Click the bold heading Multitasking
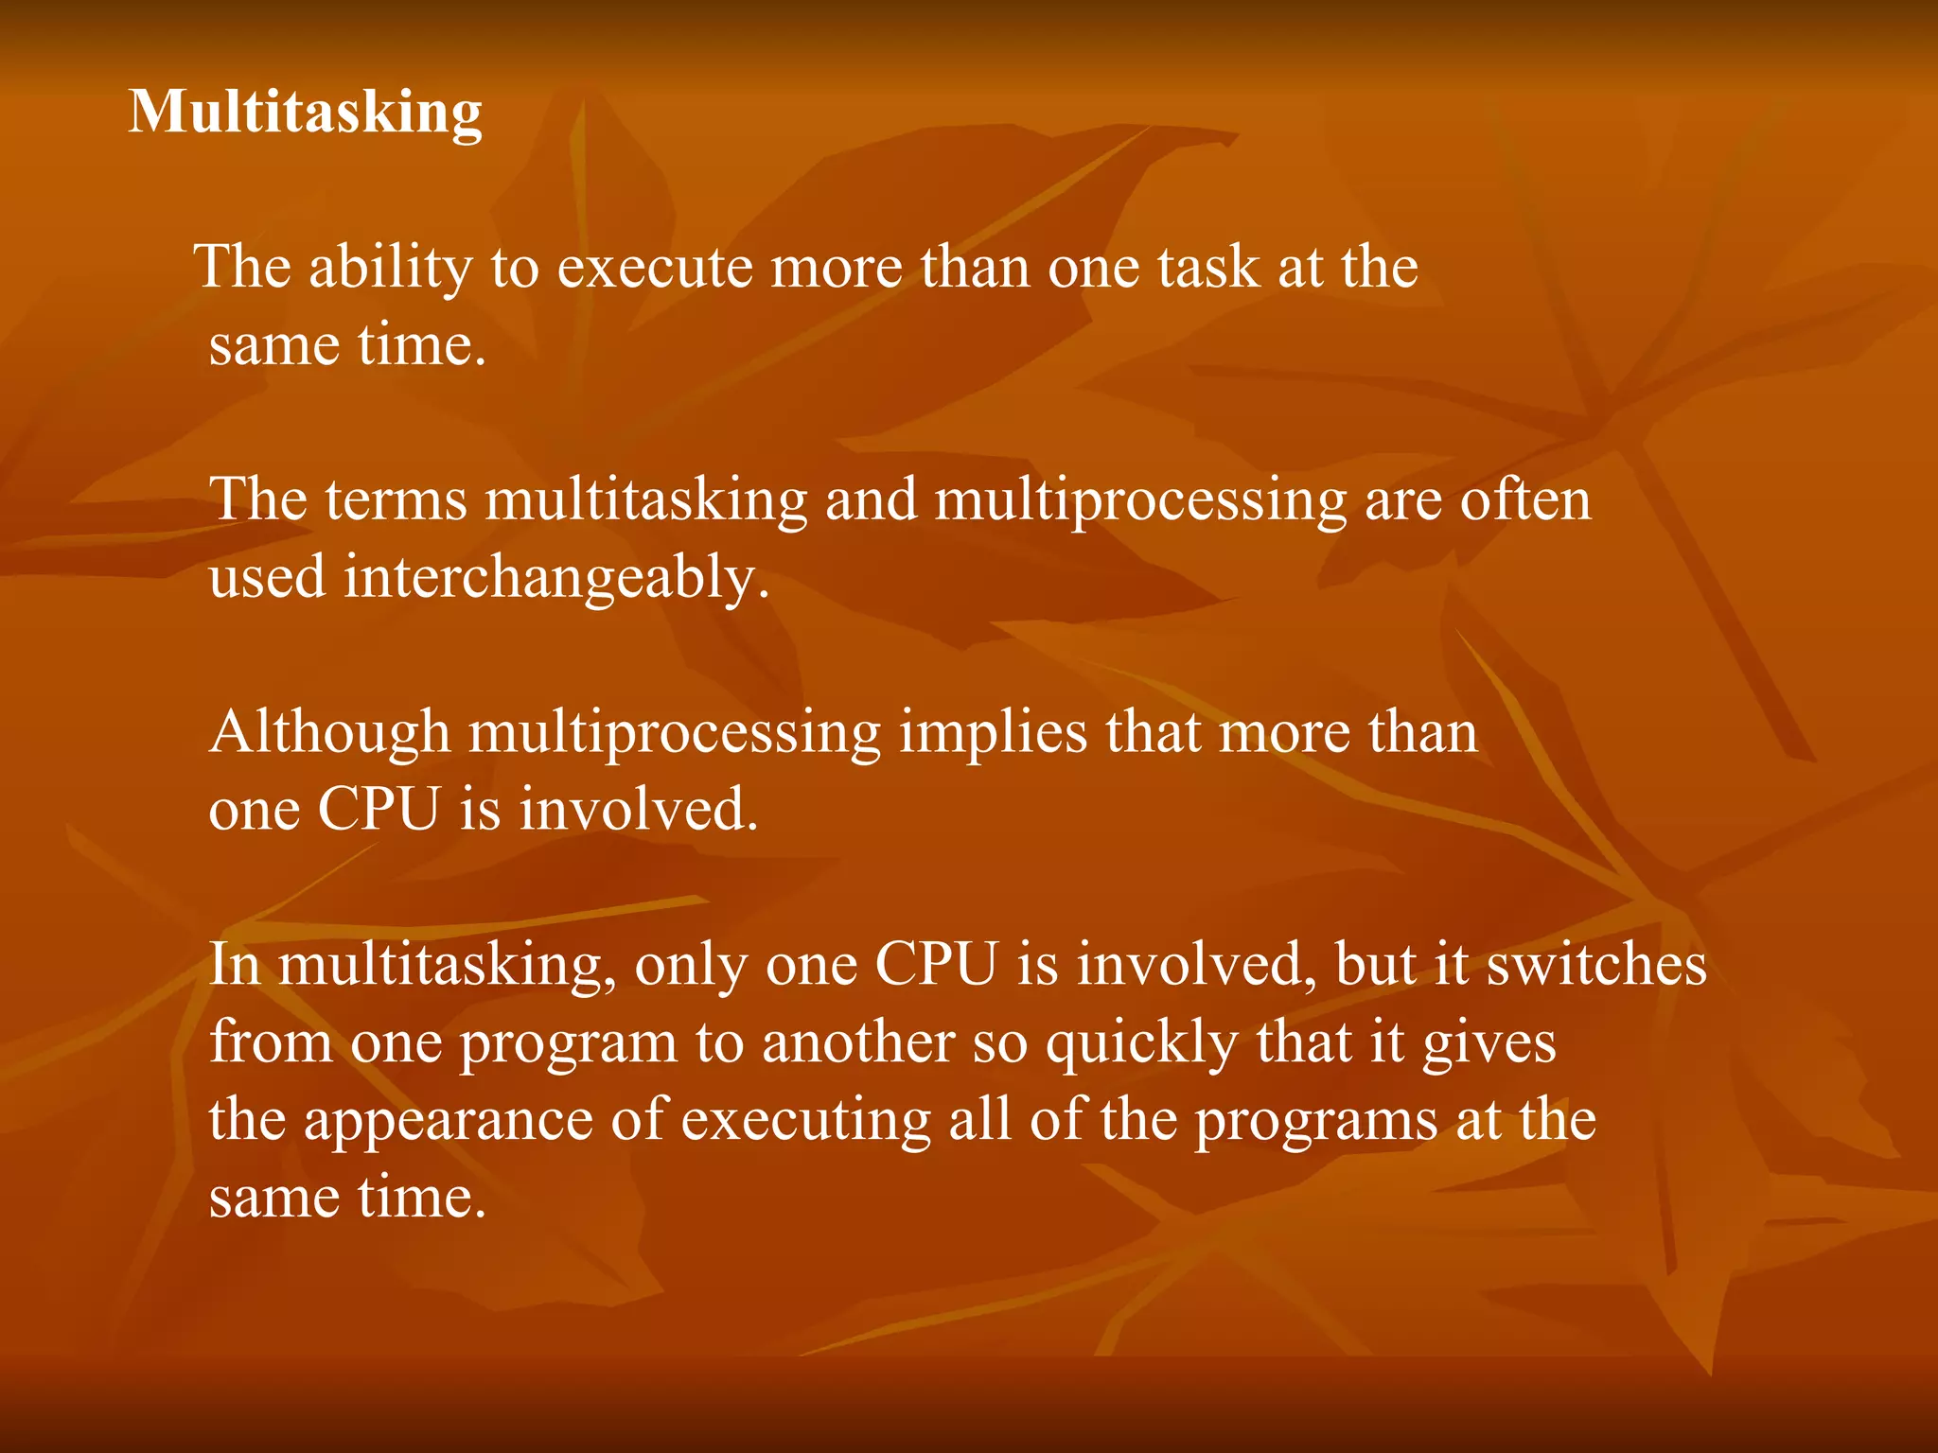(x=305, y=114)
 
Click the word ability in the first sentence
(x=390, y=268)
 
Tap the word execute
(x=654, y=268)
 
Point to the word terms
(x=396, y=500)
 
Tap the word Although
(x=329, y=733)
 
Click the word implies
(x=993, y=733)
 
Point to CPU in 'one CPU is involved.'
(x=379, y=811)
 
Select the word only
(x=691, y=966)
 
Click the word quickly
(x=1141, y=1043)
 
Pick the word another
(x=857, y=1043)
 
